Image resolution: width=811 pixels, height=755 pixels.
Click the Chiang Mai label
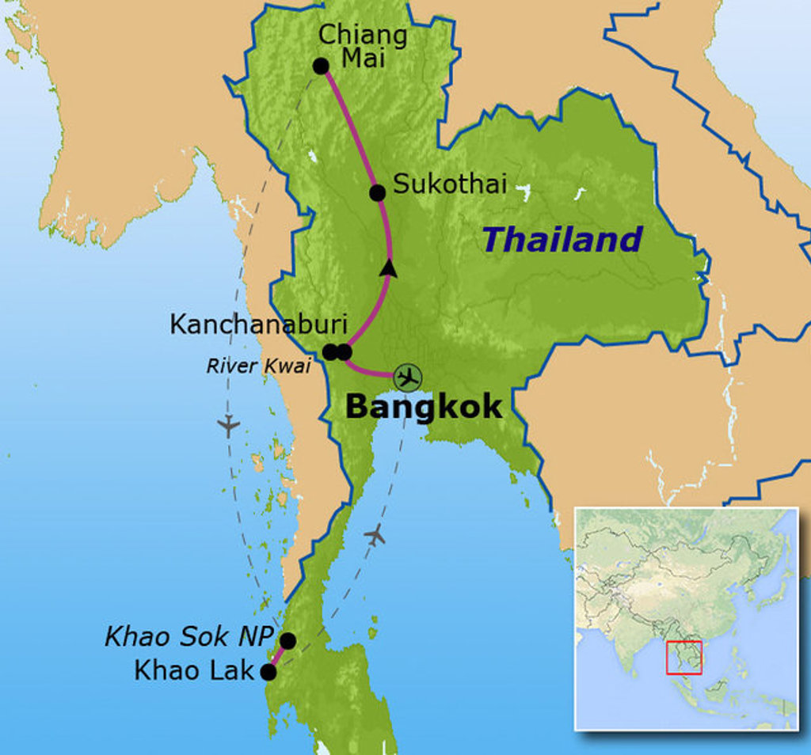point(362,46)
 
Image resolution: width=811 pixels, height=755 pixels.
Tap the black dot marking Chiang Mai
point(321,66)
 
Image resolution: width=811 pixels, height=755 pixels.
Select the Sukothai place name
point(449,184)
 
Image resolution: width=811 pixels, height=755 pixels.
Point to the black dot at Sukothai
point(378,192)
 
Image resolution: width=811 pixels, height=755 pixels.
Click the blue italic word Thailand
point(562,239)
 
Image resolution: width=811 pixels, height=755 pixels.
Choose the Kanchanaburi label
point(259,324)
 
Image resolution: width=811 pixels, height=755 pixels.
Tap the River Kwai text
point(258,366)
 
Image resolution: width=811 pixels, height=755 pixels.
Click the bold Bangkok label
point(424,407)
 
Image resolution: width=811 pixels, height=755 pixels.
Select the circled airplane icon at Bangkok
point(408,377)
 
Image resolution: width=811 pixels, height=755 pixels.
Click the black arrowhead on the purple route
point(388,268)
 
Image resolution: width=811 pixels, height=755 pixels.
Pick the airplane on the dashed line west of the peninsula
point(228,426)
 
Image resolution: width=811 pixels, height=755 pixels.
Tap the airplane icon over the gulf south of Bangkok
point(375,535)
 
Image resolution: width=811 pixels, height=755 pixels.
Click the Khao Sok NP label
point(189,636)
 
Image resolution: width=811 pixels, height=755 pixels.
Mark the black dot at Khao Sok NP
point(287,640)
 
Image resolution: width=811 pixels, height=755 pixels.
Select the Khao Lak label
point(194,671)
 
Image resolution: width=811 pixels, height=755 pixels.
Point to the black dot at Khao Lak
point(268,673)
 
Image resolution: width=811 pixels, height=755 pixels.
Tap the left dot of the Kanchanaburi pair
point(331,352)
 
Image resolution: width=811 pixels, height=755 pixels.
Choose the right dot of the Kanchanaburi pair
point(344,352)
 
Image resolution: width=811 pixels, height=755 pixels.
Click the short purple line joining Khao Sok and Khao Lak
point(278,657)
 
